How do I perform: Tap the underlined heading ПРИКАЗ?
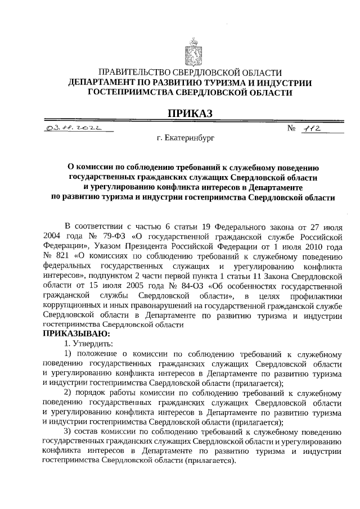[190, 114]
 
